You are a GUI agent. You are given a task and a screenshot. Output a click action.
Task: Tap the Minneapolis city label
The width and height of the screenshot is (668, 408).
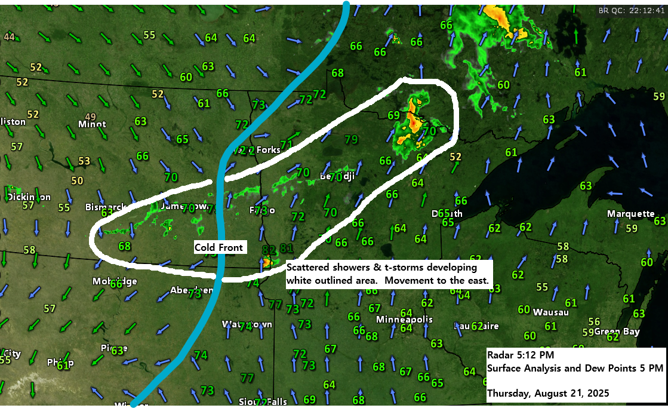[x=404, y=320]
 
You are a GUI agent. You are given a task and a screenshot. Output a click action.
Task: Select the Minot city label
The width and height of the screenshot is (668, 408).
[x=92, y=124]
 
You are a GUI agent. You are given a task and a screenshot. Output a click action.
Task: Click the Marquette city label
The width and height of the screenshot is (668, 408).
[x=630, y=214]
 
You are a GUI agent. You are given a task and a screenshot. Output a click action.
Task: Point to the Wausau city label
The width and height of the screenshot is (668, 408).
[x=550, y=312]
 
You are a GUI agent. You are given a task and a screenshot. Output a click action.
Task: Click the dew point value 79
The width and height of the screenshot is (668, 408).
[x=351, y=140]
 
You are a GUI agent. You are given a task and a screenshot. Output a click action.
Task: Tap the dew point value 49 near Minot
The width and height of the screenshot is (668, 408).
[x=91, y=116]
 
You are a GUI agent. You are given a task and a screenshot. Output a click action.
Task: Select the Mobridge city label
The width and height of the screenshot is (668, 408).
[x=115, y=281]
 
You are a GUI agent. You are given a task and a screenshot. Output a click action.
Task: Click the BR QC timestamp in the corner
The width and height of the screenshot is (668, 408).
[x=632, y=10]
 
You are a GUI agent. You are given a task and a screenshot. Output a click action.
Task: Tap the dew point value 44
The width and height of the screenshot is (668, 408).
[x=9, y=36]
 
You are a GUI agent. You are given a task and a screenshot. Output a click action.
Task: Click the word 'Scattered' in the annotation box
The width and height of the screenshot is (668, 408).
[x=306, y=268]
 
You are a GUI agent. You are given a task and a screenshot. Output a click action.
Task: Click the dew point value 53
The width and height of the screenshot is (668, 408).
[x=84, y=161]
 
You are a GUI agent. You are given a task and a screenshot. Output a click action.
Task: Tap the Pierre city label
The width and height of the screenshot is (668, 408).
[x=113, y=348]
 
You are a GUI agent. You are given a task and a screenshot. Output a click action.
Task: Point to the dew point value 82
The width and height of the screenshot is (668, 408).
[x=269, y=249]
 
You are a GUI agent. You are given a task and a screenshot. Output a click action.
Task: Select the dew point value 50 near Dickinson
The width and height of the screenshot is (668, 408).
[x=77, y=180]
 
